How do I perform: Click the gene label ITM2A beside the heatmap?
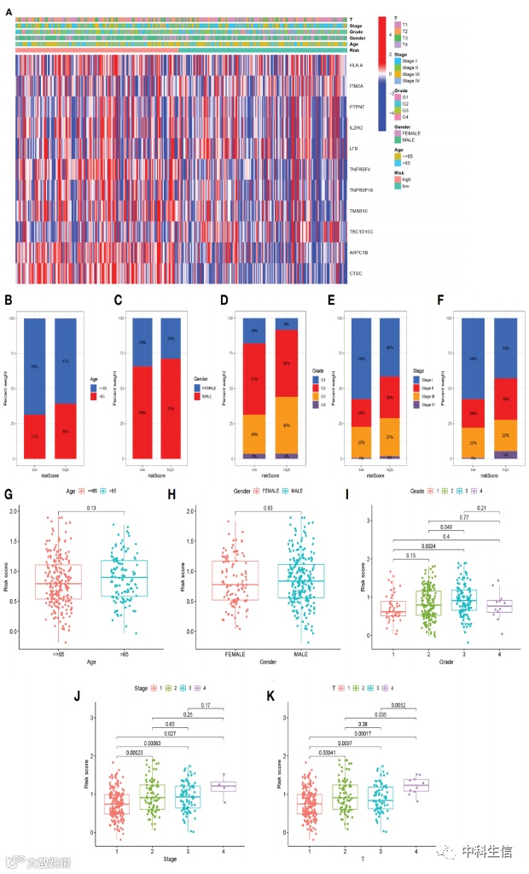tap(356, 86)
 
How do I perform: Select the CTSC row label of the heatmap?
tap(355, 272)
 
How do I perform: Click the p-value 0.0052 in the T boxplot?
tap(385, 706)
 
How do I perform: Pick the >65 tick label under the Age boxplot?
tap(124, 655)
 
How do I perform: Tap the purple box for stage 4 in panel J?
tap(224, 786)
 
